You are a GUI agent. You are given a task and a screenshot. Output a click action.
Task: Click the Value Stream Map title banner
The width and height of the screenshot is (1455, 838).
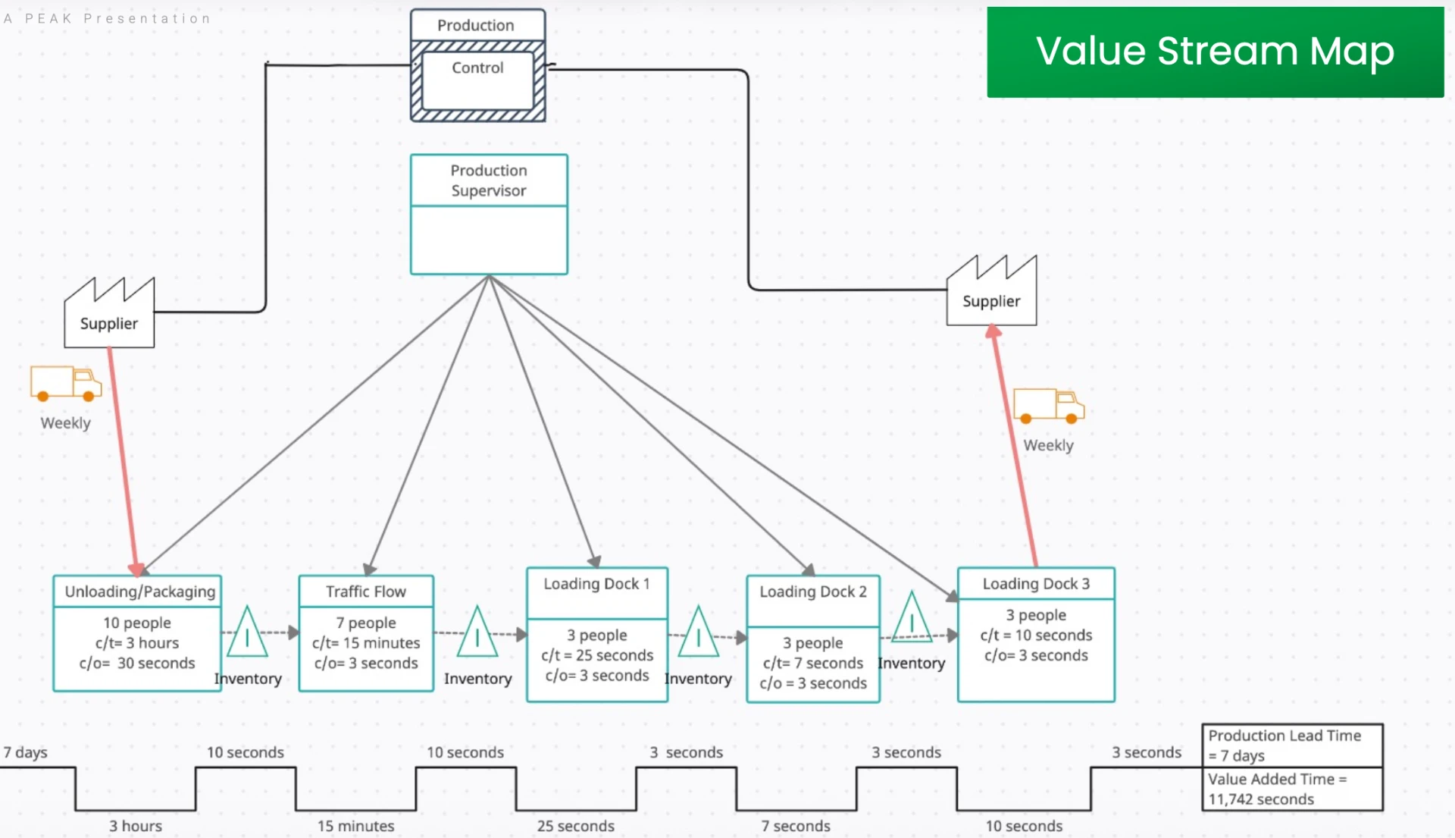(1215, 52)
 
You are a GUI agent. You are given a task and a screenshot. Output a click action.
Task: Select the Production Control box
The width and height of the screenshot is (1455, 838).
(477, 65)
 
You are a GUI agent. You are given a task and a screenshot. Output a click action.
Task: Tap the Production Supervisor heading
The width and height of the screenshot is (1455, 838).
(489, 180)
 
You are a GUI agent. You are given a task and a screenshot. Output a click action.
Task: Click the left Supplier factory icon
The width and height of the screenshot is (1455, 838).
(109, 312)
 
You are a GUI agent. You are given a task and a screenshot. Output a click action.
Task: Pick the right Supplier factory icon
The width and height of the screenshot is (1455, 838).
(991, 290)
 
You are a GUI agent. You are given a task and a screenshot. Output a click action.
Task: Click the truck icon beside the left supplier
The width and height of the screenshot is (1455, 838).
(66, 383)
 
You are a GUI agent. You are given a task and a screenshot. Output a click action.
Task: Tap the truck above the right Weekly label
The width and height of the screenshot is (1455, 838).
(1049, 406)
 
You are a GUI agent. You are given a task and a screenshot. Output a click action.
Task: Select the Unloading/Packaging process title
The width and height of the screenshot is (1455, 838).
(140, 592)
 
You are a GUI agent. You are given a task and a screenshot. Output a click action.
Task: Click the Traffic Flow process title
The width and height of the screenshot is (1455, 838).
(366, 592)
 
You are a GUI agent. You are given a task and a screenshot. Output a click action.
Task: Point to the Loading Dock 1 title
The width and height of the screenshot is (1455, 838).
(596, 584)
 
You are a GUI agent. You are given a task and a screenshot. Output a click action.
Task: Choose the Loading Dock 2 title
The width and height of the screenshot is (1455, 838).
(813, 592)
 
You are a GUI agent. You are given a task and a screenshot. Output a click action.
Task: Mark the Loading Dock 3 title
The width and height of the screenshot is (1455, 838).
(1036, 584)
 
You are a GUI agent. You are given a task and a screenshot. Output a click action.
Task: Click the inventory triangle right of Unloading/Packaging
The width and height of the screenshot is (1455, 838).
(247, 632)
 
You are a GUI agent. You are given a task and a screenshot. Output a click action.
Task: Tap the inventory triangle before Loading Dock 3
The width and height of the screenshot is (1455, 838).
(912, 617)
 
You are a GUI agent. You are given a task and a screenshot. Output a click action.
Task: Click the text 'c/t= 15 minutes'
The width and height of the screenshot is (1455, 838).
(366, 643)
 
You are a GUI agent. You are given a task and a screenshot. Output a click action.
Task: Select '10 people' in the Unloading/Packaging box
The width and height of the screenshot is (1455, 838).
(137, 623)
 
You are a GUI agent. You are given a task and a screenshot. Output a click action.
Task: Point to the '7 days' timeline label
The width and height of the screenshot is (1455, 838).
(25, 752)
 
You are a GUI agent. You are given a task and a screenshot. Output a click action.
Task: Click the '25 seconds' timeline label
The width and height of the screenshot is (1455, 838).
(576, 826)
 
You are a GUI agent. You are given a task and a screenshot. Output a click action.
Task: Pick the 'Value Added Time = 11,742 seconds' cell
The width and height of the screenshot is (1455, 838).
(1292, 789)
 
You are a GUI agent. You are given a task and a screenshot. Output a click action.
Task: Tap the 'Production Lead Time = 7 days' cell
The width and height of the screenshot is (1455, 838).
(1292, 745)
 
